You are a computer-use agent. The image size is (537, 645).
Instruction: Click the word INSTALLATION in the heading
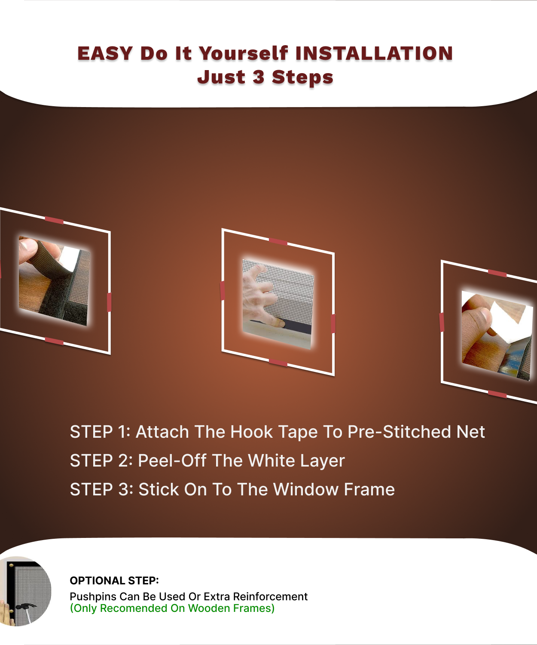(374, 53)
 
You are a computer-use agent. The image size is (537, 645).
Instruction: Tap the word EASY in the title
(105, 53)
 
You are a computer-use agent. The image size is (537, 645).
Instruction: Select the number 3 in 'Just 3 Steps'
(258, 77)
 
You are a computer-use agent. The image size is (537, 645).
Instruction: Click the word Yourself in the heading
(243, 53)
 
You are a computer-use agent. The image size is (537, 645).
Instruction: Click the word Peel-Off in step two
(172, 461)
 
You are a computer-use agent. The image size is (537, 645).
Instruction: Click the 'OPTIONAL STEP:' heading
(114, 580)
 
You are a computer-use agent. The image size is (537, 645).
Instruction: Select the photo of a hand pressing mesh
(278, 304)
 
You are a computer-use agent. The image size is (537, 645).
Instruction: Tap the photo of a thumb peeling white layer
(497, 335)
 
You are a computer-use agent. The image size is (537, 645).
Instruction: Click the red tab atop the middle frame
(278, 242)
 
